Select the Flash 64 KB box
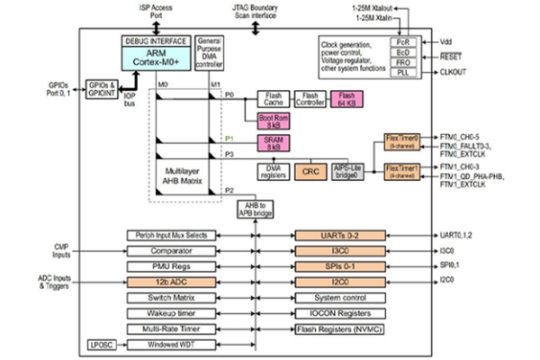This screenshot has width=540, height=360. (346, 99)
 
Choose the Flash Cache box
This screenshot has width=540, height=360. (275, 99)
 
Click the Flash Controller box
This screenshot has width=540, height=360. (310, 99)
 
